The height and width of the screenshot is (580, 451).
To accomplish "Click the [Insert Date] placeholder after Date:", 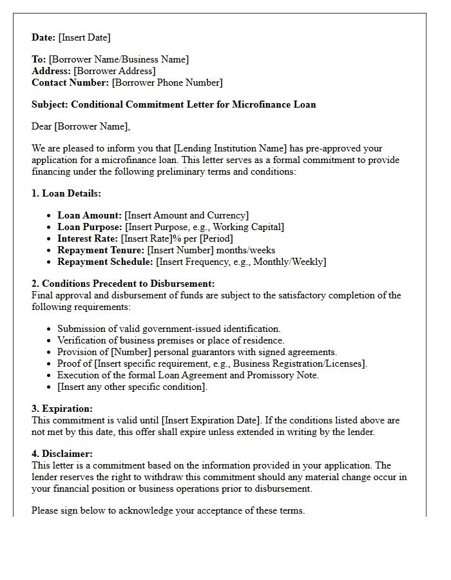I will (x=84, y=37).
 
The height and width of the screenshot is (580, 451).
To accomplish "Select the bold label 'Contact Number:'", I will (x=70, y=82).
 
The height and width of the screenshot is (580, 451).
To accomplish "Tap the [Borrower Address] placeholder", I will (x=115, y=71).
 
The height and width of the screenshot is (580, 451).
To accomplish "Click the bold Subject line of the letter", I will (x=174, y=104).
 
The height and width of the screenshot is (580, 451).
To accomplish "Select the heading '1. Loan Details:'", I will (x=66, y=193).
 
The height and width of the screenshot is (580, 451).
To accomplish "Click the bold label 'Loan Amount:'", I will (x=90, y=215).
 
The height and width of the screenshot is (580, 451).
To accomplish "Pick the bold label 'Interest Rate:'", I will (x=88, y=238).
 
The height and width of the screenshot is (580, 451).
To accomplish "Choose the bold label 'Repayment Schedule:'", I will (x=105, y=262).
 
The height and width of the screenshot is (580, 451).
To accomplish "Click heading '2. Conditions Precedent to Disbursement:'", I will (x=123, y=284).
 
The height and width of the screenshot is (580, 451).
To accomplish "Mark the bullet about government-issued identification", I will (x=169, y=329).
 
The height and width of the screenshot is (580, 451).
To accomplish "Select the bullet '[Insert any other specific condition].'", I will (x=132, y=387).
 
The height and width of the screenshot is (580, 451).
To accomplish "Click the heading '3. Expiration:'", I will (x=63, y=409).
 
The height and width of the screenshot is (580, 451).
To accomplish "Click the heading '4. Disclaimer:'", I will (x=62, y=454).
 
